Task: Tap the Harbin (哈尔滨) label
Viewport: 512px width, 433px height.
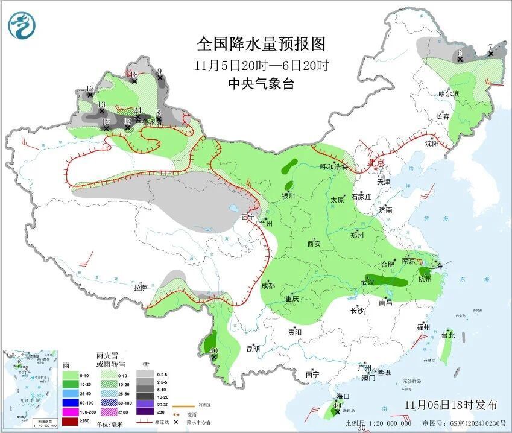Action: pos(449,93)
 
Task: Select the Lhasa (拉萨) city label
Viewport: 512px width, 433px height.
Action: pos(141,288)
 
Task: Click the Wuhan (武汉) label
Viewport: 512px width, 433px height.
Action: pos(367,282)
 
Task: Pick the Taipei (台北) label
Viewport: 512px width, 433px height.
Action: pos(447,335)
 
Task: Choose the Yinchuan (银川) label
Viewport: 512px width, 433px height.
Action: pos(288,195)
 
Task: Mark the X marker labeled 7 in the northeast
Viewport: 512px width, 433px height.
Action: pos(490,47)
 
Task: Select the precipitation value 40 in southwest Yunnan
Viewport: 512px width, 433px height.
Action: pos(213,350)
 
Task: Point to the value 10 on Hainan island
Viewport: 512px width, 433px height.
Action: pos(337,406)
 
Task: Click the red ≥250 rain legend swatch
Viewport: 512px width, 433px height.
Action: pos(72,421)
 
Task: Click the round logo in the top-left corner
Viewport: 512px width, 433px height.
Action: pos(22,25)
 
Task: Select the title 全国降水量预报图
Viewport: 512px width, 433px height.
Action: pos(261,44)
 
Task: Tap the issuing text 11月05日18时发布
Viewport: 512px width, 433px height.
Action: pos(451,404)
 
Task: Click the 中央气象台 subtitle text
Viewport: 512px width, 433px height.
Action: pos(261,84)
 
